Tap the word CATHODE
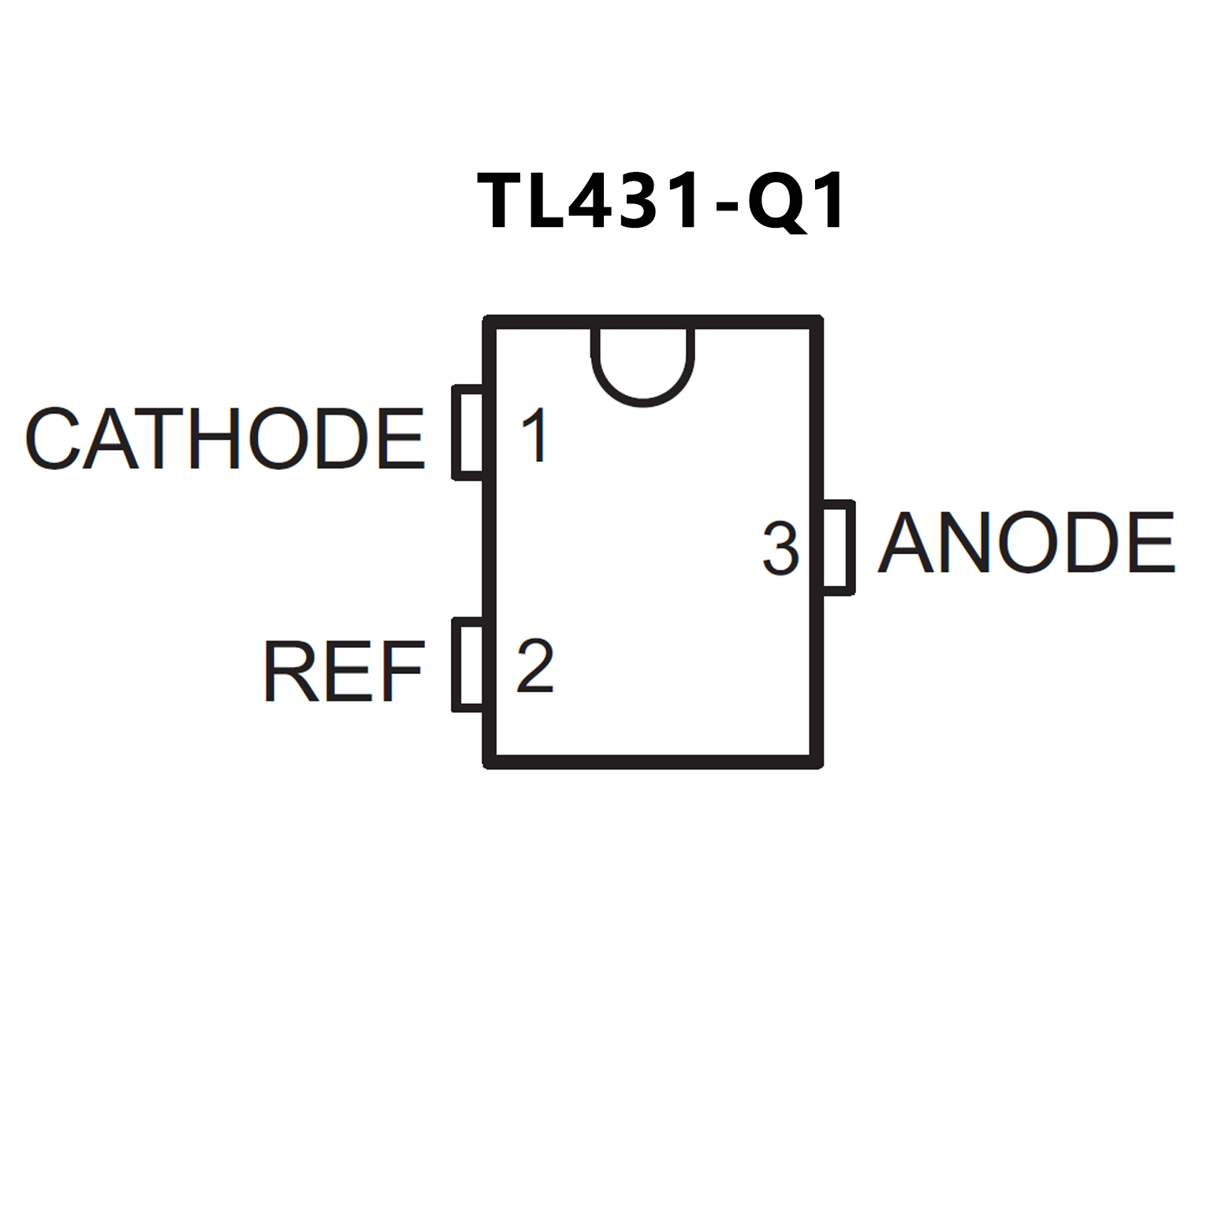[225, 438]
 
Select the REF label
[344, 671]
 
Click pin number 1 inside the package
[535, 435]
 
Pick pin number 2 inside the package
[535, 666]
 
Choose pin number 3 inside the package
[780, 549]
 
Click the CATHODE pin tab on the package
[468, 433]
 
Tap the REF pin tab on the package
[468, 665]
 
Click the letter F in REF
[401, 671]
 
